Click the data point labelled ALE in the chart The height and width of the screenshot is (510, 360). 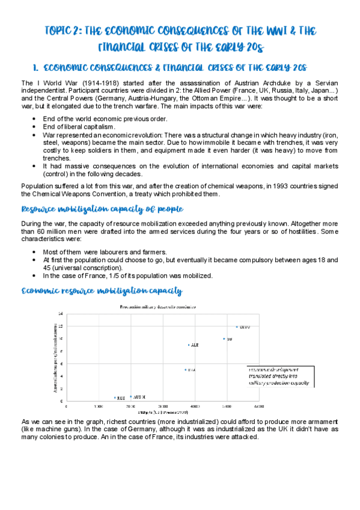point(189,345)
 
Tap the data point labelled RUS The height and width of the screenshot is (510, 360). point(115,398)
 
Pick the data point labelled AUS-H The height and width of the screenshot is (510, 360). point(131,397)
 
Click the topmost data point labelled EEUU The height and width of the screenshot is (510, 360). point(237,327)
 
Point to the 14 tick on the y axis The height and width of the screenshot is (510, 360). point(60,314)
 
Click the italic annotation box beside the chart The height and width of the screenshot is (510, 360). point(279,375)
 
